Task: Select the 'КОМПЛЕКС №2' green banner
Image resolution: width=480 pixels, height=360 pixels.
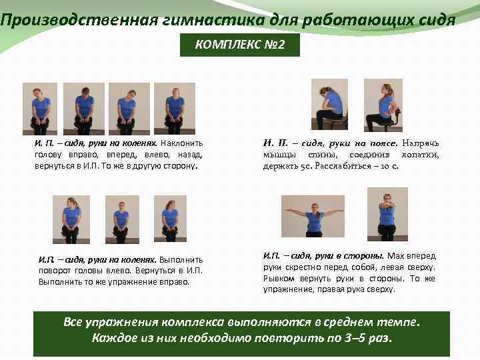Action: click(240, 45)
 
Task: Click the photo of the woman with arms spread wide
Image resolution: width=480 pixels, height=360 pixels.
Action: click(313, 216)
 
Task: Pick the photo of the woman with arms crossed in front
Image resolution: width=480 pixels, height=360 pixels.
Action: click(387, 214)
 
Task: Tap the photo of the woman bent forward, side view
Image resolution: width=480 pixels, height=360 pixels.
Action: click(329, 104)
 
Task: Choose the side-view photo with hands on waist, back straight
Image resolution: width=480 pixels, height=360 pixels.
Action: click(383, 105)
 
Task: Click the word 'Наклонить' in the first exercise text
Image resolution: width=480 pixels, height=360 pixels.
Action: click(181, 143)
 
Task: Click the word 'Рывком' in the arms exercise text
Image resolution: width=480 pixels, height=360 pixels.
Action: click(279, 279)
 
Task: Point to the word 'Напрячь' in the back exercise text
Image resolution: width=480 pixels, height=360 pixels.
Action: click(421, 143)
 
